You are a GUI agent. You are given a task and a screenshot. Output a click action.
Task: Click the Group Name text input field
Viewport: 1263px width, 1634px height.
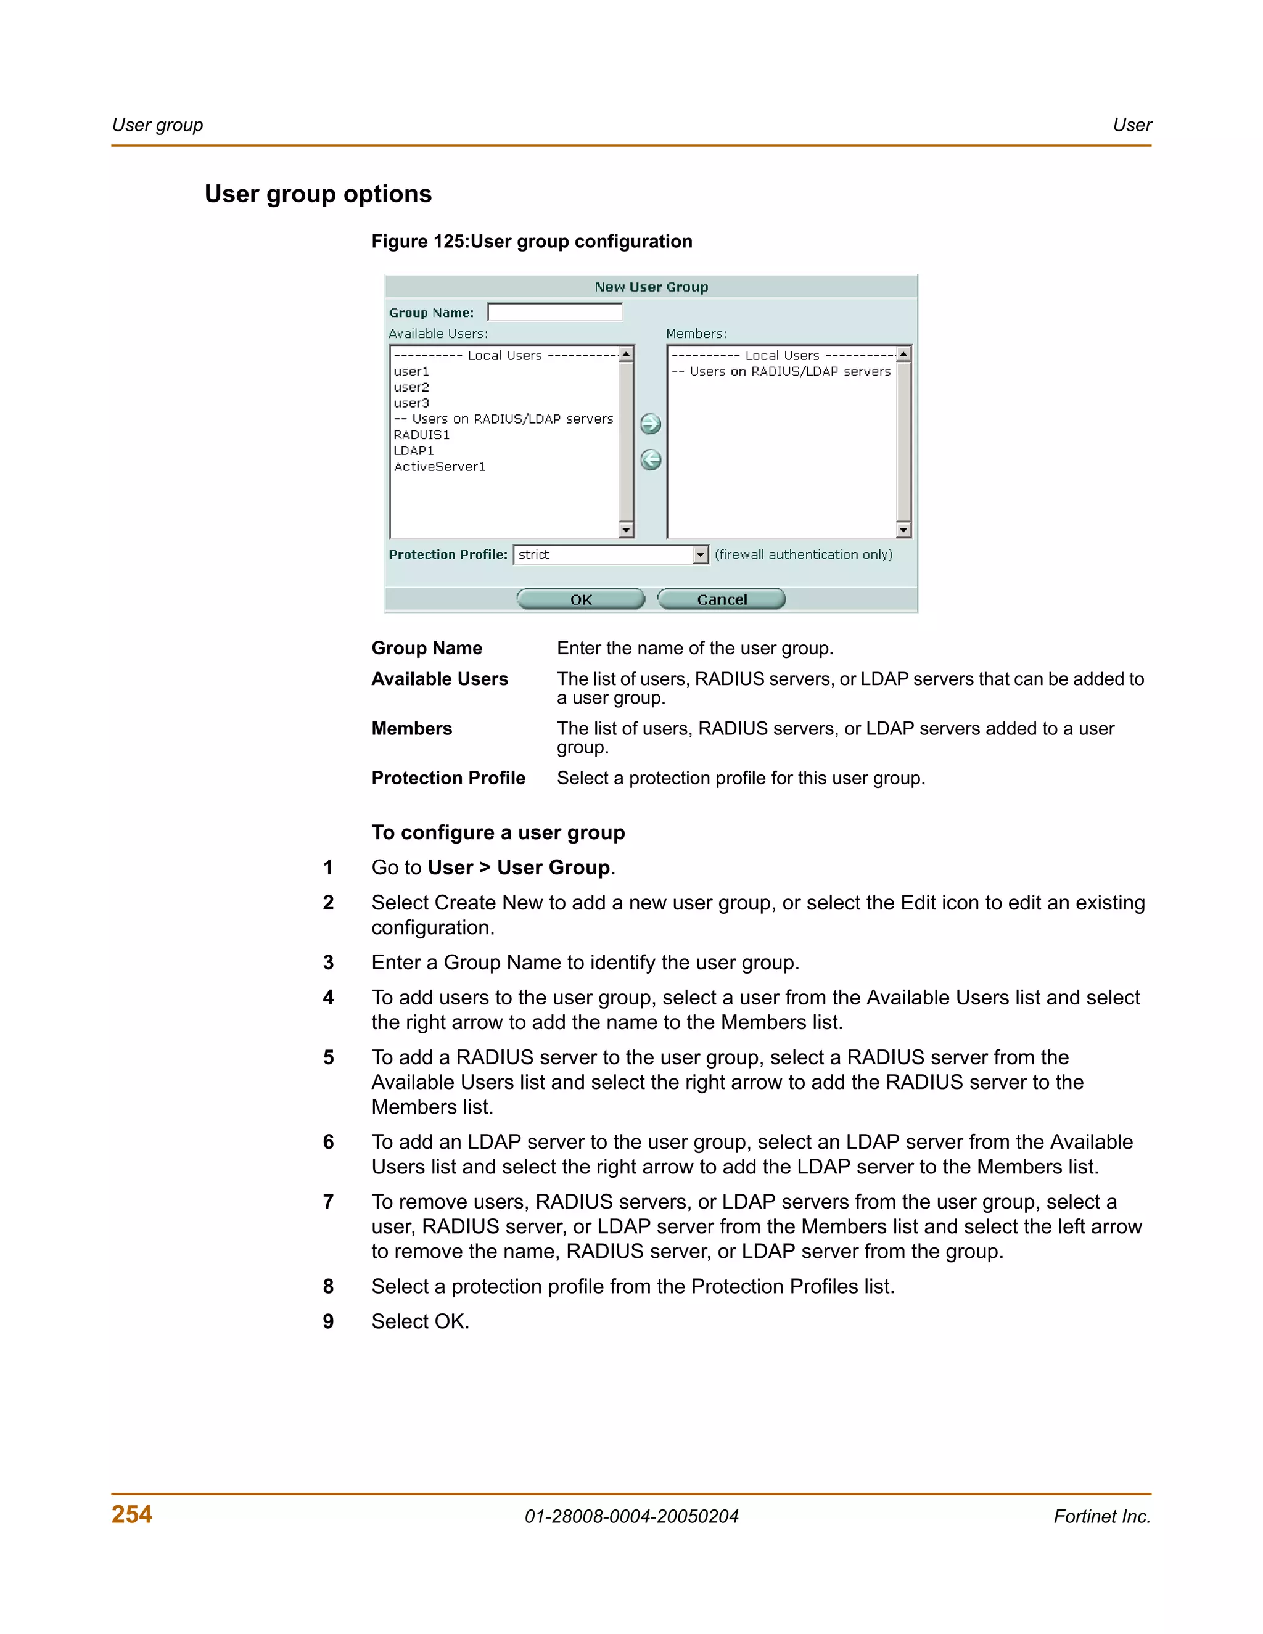pyautogui.click(x=554, y=312)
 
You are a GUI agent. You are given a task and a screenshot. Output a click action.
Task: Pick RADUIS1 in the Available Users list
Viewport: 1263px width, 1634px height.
pyautogui.click(x=421, y=435)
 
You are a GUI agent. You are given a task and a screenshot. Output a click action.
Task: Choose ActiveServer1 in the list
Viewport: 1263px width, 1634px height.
pyautogui.click(x=439, y=466)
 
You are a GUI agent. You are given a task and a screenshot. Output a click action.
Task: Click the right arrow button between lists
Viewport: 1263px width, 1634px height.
pyautogui.click(x=650, y=424)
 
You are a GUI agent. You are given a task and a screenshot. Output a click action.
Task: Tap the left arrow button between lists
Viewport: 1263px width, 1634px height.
pyautogui.click(x=650, y=459)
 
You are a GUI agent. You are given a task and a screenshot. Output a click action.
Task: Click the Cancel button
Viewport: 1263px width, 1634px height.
pyautogui.click(x=722, y=599)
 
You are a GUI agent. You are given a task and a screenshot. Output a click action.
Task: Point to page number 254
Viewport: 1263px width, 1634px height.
pyautogui.click(x=132, y=1514)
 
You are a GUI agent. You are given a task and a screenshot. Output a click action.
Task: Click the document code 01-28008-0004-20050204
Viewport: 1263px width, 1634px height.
pyautogui.click(x=631, y=1517)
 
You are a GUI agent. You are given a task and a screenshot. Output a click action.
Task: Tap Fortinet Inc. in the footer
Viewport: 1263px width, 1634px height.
pyautogui.click(x=1101, y=1517)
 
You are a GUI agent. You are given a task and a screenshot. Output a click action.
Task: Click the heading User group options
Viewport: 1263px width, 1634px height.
pyautogui.click(x=318, y=194)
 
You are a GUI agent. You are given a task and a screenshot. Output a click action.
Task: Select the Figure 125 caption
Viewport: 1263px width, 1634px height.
pyautogui.click(x=531, y=241)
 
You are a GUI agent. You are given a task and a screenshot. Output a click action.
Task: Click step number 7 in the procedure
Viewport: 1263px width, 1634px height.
pyautogui.click(x=327, y=1202)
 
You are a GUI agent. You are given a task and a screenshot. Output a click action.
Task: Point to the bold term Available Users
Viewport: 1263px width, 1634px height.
pyautogui.click(x=439, y=679)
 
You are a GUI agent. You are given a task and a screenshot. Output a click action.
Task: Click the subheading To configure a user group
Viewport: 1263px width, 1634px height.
pyautogui.click(x=498, y=832)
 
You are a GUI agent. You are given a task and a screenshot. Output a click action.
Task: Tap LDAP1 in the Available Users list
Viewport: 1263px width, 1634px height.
pyautogui.click(x=413, y=450)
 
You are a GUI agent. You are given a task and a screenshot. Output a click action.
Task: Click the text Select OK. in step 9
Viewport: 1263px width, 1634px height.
pyautogui.click(x=420, y=1321)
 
